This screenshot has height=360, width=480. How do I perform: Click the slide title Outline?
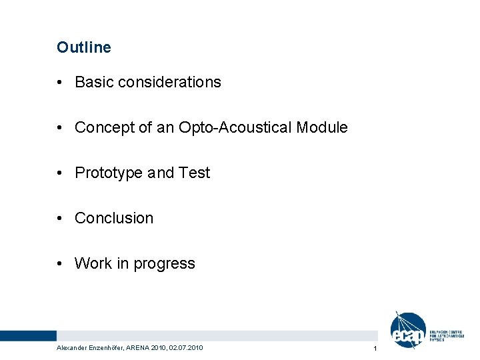point(84,47)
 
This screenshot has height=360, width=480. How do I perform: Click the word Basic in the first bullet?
point(93,82)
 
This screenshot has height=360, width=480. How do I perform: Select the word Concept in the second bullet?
point(102,127)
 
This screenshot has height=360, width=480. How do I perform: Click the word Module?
point(322,127)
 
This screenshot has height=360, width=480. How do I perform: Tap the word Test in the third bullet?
point(194,173)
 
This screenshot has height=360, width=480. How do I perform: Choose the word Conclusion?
point(114,218)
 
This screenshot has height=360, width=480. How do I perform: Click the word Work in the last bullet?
point(93,263)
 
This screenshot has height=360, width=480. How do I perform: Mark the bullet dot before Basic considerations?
point(60,83)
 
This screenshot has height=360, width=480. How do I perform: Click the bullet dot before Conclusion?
point(60,219)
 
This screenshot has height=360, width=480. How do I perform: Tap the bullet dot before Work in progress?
point(60,264)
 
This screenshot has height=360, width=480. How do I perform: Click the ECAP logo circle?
point(407,331)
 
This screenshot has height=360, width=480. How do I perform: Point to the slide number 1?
point(375,349)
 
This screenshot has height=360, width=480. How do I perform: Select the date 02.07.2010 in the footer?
point(187,348)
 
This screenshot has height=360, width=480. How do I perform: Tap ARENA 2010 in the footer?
point(149,348)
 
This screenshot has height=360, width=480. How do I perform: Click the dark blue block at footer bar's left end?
point(28,335)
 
